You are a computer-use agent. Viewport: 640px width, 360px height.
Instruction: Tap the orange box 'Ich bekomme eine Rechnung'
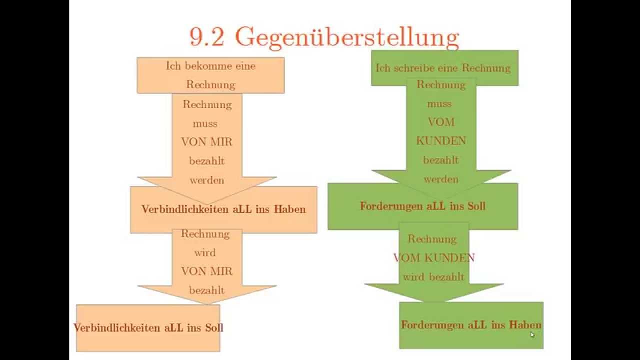pos(210,75)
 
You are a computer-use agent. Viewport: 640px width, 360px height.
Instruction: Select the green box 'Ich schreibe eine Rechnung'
pos(443,68)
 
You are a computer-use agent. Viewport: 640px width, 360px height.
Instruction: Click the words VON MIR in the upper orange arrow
pos(206,141)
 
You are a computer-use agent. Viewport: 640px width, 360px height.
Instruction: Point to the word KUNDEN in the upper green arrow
pos(441,141)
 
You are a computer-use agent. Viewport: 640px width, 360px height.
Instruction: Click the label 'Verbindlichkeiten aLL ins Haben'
pos(223,209)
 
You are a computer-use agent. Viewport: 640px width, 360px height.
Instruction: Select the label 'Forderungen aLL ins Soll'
pos(422,206)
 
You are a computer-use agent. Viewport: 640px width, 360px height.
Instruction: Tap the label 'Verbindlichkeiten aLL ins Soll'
pos(148,327)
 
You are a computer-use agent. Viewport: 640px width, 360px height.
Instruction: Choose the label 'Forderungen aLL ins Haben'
pos(471,324)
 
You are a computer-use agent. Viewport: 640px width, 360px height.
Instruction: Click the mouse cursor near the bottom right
pos(532,334)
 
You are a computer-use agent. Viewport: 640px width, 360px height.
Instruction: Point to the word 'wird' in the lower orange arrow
pos(205,252)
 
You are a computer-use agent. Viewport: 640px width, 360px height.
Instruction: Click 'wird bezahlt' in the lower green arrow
pos(434,276)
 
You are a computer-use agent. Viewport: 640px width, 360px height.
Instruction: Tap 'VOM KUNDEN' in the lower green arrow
pos(434,258)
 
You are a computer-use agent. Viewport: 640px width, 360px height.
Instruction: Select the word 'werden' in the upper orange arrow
pos(206,180)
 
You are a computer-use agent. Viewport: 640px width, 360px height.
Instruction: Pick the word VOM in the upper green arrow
pos(441,122)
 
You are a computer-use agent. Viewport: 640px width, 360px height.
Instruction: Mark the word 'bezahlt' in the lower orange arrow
pos(206,290)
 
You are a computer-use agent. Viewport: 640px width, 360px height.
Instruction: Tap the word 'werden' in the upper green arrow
pos(441,179)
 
